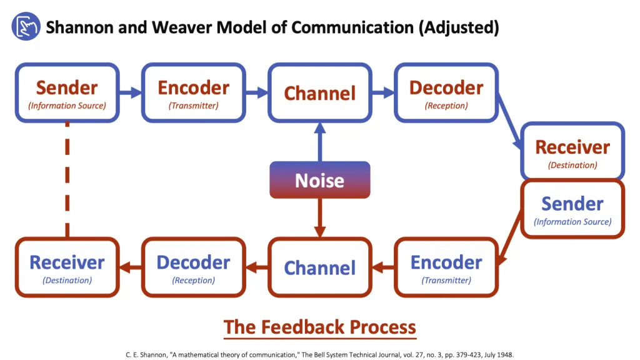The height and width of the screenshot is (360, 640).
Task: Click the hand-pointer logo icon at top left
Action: [x=26, y=27]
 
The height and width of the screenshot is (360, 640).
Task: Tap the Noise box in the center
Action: [x=319, y=181]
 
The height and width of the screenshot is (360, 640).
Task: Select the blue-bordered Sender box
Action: [x=67, y=92]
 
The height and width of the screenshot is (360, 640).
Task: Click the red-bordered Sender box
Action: [x=572, y=209]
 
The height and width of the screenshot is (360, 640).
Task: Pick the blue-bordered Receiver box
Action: [x=572, y=152]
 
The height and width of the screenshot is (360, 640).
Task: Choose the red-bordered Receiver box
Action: [x=67, y=267]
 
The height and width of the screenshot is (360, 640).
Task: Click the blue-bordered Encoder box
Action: [x=193, y=92]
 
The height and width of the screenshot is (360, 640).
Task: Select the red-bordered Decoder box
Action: [x=193, y=267]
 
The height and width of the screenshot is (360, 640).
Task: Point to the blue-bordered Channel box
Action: [x=319, y=92]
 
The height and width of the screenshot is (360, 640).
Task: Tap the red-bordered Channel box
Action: [x=319, y=267]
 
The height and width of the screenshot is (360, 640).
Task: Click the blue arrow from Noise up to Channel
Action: [x=319, y=142]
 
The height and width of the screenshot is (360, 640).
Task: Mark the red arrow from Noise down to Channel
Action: [x=319, y=218]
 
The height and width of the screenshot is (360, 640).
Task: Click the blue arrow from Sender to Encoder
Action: [x=131, y=93]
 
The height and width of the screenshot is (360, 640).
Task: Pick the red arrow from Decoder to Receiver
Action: [x=131, y=267]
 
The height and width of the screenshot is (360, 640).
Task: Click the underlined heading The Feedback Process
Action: [x=319, y=327]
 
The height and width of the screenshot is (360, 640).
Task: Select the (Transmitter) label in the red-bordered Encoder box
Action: [x=446, y=281]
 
